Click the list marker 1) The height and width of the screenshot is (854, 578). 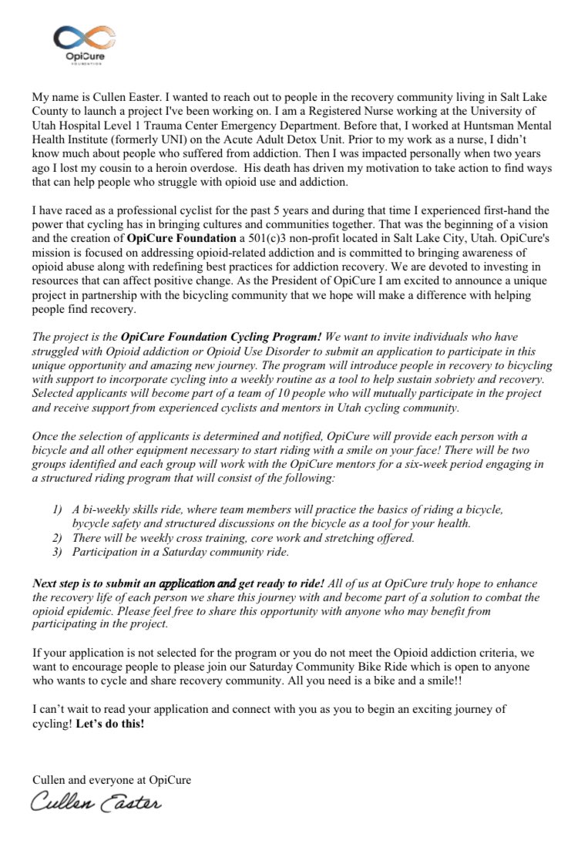(58, 510)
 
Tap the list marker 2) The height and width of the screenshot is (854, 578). (58, 538)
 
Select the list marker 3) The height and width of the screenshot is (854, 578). (58, 552)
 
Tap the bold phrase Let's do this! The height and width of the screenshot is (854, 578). (110, 725)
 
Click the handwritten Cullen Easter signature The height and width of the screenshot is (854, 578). (96, 802)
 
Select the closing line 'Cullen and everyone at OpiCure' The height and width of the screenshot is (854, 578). (112, 779)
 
